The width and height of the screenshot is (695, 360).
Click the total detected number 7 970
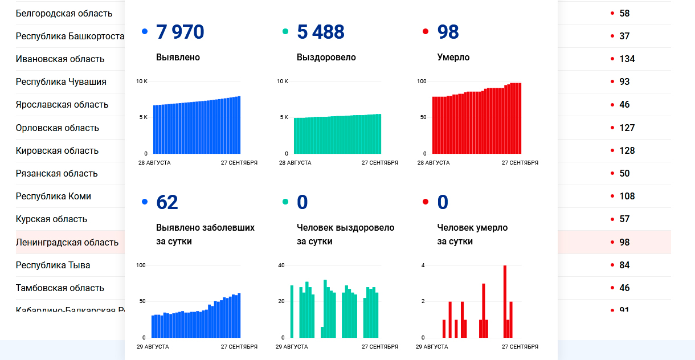(180, 32)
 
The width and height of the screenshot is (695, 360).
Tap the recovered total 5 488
(321, 32)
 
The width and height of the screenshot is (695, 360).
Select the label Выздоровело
(326, 58)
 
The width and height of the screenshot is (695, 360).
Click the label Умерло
(453, 58)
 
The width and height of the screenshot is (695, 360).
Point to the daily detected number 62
(167, 202)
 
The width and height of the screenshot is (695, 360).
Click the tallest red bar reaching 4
(505, 302)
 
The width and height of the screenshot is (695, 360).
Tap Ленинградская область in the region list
(67, 242)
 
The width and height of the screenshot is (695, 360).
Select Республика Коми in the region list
(54, 197)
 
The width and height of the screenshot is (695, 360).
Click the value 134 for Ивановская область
(627, 59)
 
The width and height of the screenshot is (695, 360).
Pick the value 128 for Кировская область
(627, 151)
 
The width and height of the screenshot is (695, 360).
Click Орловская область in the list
(58, 128)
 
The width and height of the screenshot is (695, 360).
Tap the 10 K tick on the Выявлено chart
(142, 81)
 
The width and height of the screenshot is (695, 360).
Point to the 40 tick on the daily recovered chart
(281, 265)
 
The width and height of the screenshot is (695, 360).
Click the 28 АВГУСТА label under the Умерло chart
(434, 163)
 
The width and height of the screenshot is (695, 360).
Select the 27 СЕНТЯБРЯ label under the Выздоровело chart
(380, 163)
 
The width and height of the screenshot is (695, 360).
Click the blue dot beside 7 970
(145, 32)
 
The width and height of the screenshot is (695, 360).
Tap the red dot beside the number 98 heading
(426, 32)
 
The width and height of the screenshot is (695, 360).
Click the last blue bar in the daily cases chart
(239, 315)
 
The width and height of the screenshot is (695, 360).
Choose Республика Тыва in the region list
(53, 265)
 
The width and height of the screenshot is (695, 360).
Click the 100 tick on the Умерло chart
(422, 81)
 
